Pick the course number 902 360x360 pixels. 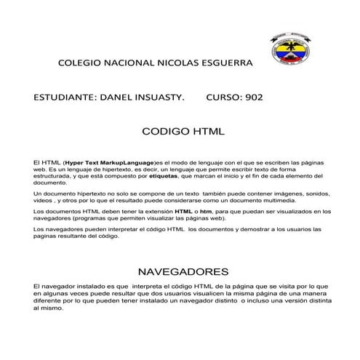point(255,97)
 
